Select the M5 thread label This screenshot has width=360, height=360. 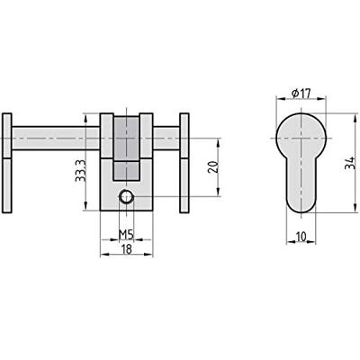pos(127,236)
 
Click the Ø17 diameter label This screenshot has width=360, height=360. pos(301,91)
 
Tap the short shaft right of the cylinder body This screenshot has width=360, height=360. pos(167,138)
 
